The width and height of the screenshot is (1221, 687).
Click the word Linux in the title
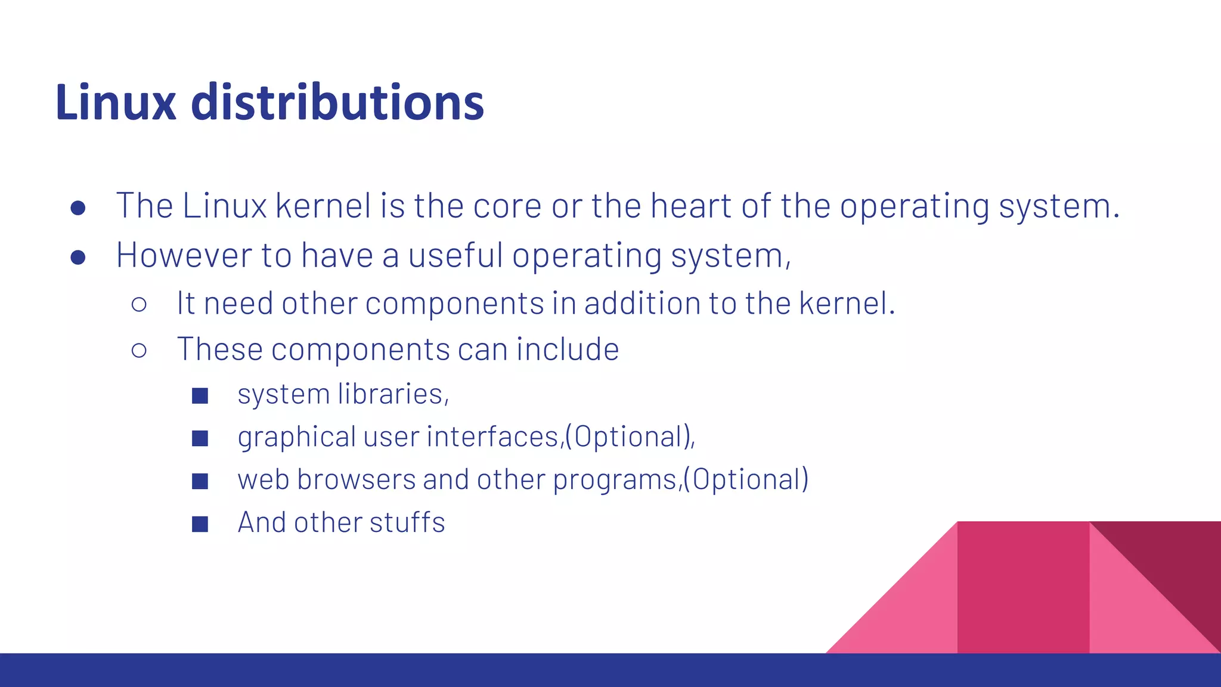pyautogui.click(x=116, y=103)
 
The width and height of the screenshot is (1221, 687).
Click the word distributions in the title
pyautogui.click(x=337, y=103)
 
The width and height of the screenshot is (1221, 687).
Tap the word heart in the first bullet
pyautogui.click(x=691, y=206)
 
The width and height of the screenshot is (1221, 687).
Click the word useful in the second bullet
pyautogui.click(x=455, y=255)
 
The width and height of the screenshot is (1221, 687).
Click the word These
pyautogui.click(x=219, y=349)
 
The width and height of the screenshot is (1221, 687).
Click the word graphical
pyautogui.click(x=296, y=438)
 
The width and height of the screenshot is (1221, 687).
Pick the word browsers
pyautogui.click(x=356, y=480)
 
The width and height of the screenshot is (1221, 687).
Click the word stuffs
pyautogui.click(x=407, y=522)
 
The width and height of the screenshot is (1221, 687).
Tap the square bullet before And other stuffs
pyautogui.click(x=200, y=524)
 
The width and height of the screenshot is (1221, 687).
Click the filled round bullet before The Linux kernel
pyautogui.click(x=78, y=208)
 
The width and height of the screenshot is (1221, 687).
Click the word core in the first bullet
pyautogui.click(x=507, y=206)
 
